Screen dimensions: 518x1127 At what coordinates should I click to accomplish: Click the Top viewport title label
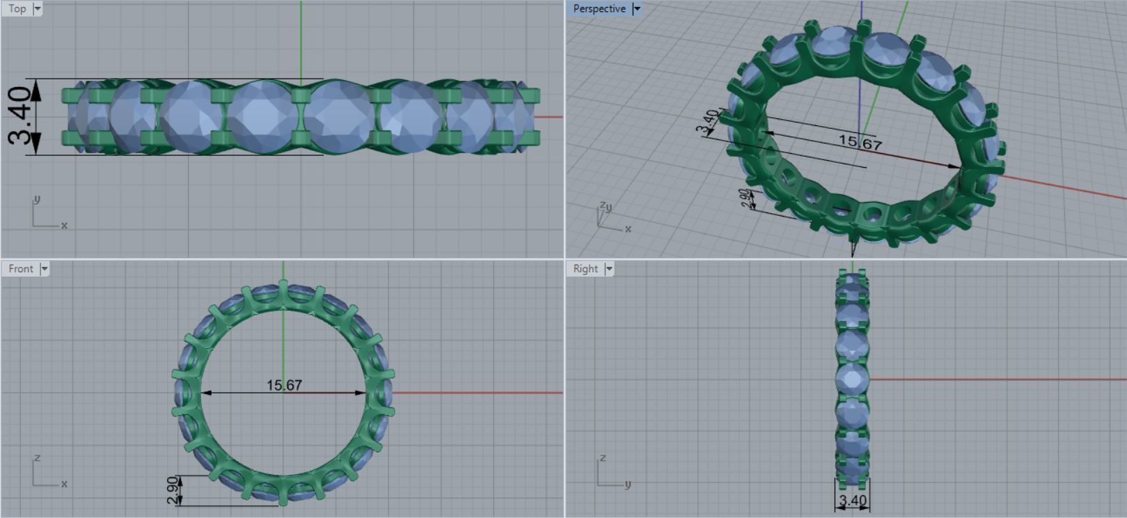tap(17, 9)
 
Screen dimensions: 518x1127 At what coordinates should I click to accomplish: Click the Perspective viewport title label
tap(599, 9)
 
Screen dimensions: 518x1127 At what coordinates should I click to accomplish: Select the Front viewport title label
tap(20, 269)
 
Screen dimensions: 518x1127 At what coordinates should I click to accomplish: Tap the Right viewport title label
tap(585, 269)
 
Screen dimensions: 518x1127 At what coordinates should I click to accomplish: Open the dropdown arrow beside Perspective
tap(636, 9)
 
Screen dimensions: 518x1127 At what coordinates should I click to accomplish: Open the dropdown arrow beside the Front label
tap(45, 269)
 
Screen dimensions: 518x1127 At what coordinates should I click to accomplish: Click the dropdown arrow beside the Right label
tap(609, 269)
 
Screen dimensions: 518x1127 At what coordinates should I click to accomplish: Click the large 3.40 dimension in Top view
tap(20, 116)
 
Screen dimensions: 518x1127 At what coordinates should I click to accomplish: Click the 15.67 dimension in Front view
tap(284, 385)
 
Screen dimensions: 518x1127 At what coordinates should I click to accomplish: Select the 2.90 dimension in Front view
tap(173, 490)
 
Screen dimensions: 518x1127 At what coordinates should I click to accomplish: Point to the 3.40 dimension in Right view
tap(853, 500)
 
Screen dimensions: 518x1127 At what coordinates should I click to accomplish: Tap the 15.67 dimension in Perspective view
tap(860, 143)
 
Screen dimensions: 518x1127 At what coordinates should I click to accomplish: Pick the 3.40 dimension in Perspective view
tap(707, 121)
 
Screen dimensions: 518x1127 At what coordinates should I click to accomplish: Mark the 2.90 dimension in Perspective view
tap(746, 199)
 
